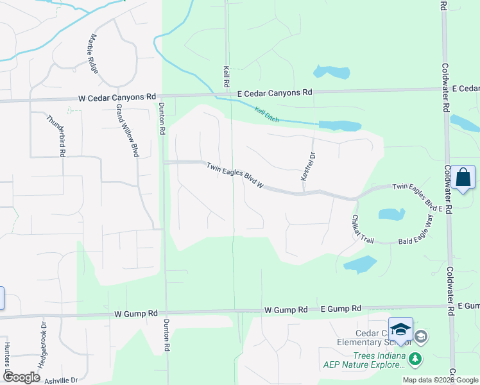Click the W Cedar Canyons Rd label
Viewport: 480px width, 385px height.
pyautogui.click(x=117, y=98)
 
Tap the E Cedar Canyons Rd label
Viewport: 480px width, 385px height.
pyautogui.click(x=275, y=93)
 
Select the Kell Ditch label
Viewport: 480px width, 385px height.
pyautogui.click(x=268, y=115)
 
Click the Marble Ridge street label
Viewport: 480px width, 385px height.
pyautogui.click(x=94, y=53)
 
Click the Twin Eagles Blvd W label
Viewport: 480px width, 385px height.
pyautogui.click(x=236, y=175)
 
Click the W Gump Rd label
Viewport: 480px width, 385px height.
pyautogui.click(x=135, y=314)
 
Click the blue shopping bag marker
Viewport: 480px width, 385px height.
pyautogui.click(x=463, y=178)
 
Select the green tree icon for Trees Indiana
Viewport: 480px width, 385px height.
pyautogui.click(x=416, y=358)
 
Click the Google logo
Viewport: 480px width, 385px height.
pyautogui.click(x=21, y=377)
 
